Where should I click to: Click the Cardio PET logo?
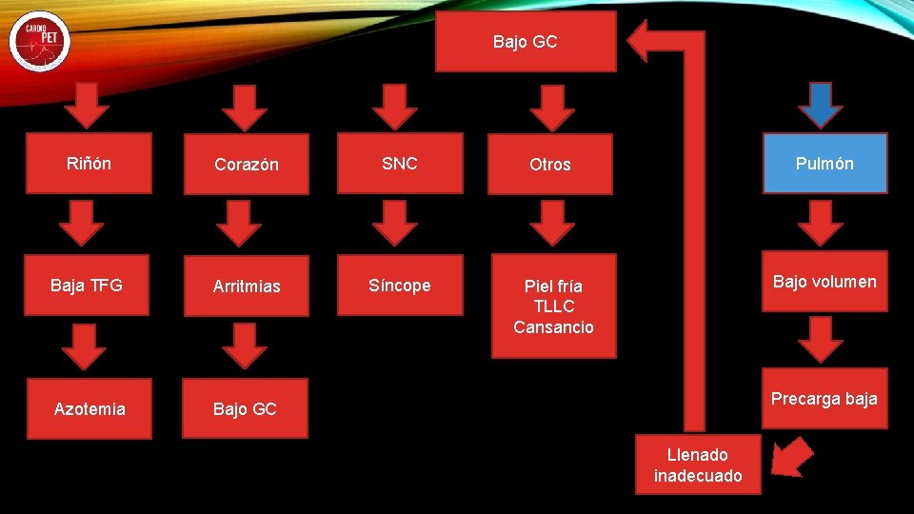[40, 41]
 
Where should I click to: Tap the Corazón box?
[246, 165]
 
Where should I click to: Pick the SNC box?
[399, 164]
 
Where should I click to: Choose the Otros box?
[550, 165]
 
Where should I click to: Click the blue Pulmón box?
[825, 164]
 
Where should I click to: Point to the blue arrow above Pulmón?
[821, 105]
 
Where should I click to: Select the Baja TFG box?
[87, 286]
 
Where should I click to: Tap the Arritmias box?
[246, 287]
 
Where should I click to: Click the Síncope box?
[399, 286]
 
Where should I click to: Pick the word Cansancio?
[553, 327]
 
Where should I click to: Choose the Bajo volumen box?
[825, 282]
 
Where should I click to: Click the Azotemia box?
[89, 409]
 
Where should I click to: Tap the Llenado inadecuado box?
[698, 465]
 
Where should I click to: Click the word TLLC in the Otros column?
[553, 306]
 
